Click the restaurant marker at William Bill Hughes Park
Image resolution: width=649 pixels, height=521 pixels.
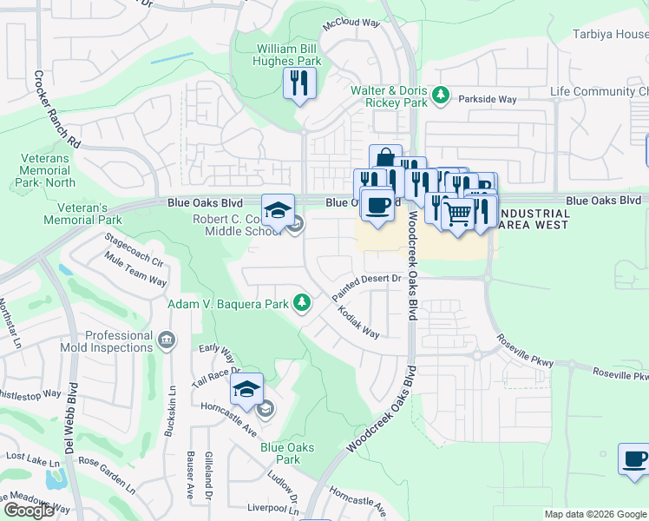pos(299,83)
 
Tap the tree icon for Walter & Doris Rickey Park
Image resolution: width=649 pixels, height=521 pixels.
pos(441,94)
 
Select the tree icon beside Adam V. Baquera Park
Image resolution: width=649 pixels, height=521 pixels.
pos(301,303)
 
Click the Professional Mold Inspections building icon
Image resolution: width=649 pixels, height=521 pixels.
pos(166,338)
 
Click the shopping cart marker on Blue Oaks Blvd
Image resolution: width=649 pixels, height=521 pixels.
pos(457,214)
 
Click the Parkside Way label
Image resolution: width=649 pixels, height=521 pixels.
pos(487,99)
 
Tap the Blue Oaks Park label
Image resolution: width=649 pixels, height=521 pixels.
pos(280,453)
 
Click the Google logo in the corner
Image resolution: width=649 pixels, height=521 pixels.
pos(29,511)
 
